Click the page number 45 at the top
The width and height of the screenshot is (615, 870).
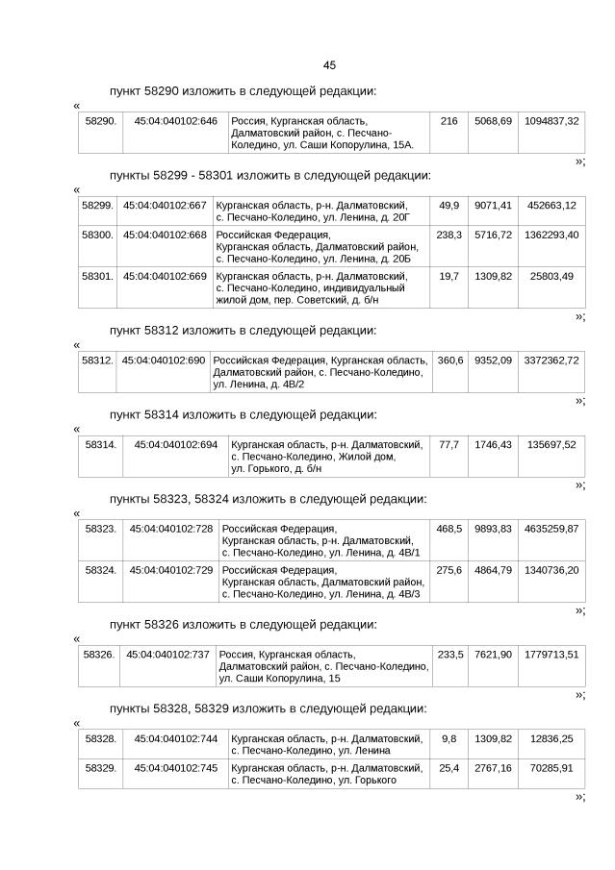pos(329,65)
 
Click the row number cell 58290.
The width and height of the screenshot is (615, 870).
pos(100,121)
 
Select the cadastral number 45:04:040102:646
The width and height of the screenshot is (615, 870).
pos(175,121)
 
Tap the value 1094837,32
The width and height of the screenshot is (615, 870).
pos(551,121)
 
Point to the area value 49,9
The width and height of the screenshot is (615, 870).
pos(448,206)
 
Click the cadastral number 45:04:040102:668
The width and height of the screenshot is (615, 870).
pos(165,235)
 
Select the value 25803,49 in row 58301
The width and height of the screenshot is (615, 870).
pos(551,276)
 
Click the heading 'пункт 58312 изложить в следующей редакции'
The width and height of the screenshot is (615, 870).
pos(243,330)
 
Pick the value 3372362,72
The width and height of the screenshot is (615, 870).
pos(551,360)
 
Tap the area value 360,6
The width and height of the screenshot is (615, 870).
pos(449,360)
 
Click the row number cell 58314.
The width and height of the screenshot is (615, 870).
pos(100,444)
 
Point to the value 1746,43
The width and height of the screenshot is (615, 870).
pos(493,444)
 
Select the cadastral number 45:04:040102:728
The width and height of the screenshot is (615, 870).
pos(170,529)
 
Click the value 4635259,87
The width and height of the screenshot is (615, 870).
pos(551,529)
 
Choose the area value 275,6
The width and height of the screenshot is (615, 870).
pos(448,570)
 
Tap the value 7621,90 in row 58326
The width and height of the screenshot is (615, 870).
pos(493,655)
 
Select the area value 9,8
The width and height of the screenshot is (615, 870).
pos(448,738)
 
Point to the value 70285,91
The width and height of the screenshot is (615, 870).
pos(551,768)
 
